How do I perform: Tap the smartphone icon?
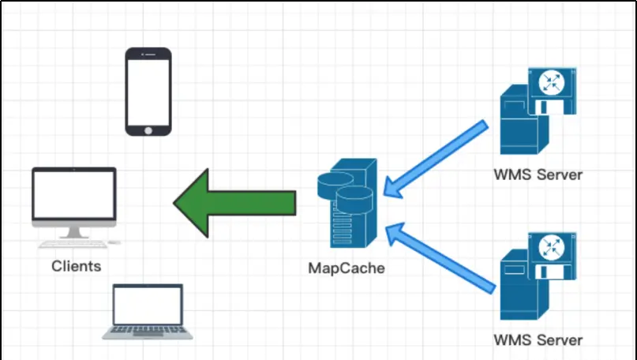(x=148, y=91)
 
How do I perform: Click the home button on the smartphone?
(x=148, y=128)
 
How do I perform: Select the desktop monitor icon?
(x=74, y=195)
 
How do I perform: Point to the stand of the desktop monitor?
(x=74, y=231)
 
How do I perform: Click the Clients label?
(x=76, y=266)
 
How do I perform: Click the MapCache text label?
(x=347, y=268)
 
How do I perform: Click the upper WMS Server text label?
(x=538, y=174)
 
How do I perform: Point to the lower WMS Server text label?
(x=538, y=340)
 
